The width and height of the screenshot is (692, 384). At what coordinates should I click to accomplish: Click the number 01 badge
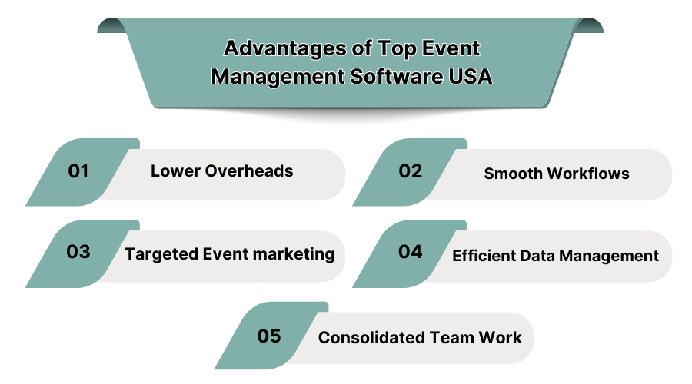78,171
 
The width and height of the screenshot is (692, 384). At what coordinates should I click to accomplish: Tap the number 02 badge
410,171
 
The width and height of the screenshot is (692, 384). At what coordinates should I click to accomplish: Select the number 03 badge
78,252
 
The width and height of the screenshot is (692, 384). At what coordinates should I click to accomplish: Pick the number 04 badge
410,252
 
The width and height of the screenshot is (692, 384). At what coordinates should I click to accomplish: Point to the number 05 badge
269,336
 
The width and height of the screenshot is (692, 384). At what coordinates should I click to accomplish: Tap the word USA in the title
469,77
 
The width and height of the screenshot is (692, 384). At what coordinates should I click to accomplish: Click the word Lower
175,171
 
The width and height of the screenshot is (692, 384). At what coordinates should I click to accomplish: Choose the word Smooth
513,174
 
